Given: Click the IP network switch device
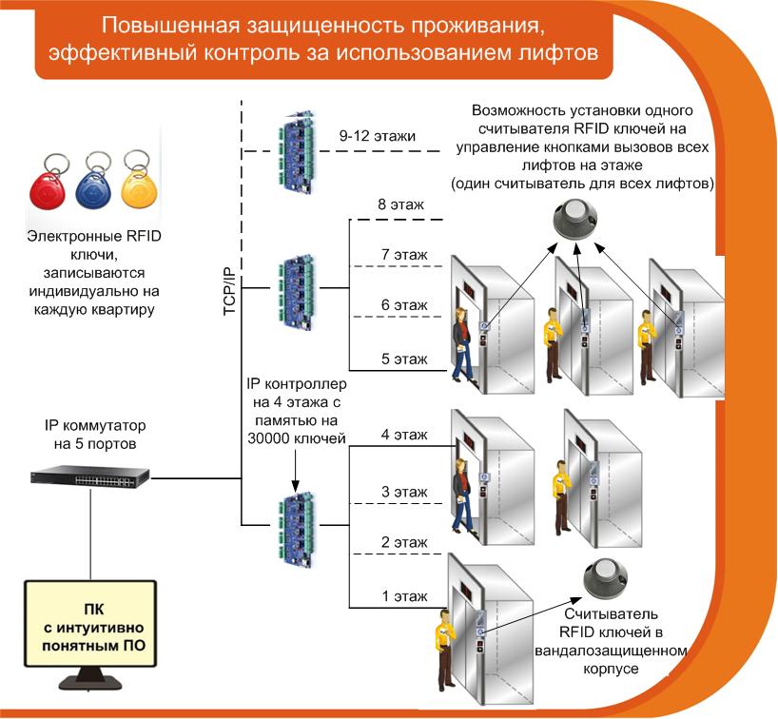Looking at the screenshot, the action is point(89,476).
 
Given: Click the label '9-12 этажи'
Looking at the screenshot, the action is point(377,136).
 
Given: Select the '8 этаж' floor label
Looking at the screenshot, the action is point(401,204).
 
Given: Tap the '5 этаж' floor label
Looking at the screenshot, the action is point(404,359).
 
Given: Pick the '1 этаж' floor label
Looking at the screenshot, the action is point(404,596).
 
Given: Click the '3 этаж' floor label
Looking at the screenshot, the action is point(404,492).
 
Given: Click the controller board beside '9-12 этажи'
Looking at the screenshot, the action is point(297,151).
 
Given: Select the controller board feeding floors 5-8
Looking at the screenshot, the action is point(297,293).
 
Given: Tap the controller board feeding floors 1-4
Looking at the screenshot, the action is point(297,529).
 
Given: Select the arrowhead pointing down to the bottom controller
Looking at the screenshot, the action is point(295,487).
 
